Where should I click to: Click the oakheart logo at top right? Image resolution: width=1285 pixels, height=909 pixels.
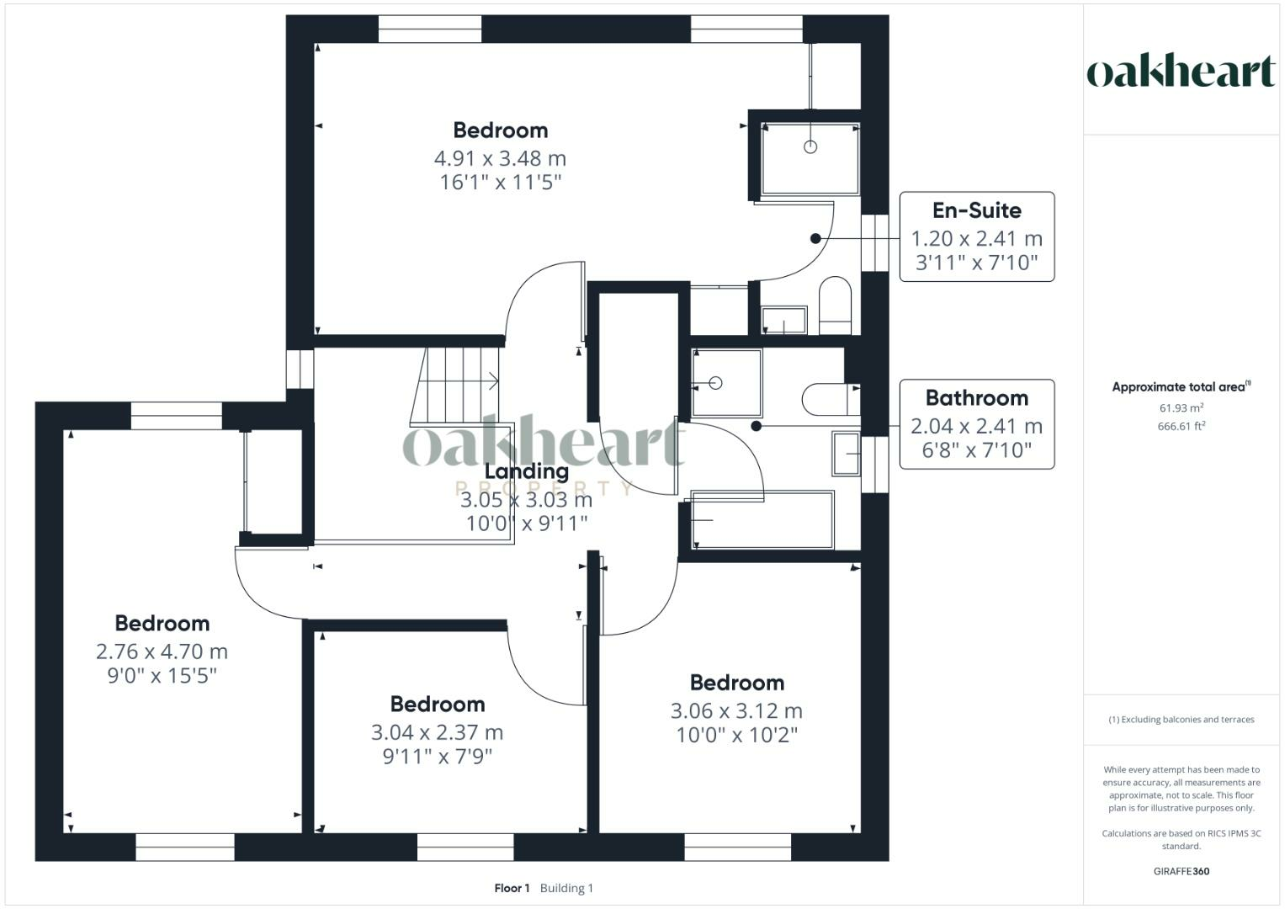pyautogui.click(x=1181, y=72)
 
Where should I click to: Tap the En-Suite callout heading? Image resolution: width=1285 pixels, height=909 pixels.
pyautogui.click(x=976, y=210)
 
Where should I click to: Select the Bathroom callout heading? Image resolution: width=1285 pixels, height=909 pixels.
pyautogui.click(x=976, y=398)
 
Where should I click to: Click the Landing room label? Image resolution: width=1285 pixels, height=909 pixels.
pyautogui.click(x=526, y=471)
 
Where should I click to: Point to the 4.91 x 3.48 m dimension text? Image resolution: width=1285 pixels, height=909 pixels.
pyautogui.click(x=500, y=158)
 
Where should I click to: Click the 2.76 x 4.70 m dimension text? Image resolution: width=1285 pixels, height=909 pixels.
pyautogui.click(x=162, y=651)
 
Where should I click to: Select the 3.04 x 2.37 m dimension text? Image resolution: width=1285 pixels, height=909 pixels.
pyautogui.click(x=437, y=732)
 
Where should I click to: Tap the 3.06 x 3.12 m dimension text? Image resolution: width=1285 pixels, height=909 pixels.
pyautogui.click(x=736, y=711)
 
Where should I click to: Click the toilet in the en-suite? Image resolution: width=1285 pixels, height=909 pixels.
pyautogui.click(x=835, y=304)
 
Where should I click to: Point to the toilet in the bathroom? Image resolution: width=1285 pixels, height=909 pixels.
pyautogui.click(x=830, y=399)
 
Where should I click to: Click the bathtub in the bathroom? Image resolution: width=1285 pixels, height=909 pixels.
pyautogui.click(x=762, y=520)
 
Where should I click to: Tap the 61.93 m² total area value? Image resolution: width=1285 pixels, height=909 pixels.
pyautogui.click(x=1181, y=408)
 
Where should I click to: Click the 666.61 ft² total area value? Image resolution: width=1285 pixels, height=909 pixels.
pyautogui.click(x=1181, y=427)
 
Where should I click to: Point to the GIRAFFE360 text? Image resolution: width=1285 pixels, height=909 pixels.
pyautogui.click(x=1181, y=871)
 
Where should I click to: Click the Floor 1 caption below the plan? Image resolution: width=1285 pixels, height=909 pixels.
pyautogui.click(x=512, y=888)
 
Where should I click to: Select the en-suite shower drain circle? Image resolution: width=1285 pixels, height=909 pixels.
pyautogui.click(x=810, y=147)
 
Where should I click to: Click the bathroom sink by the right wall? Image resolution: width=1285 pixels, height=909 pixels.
pyautogui.click(x=847, y=454)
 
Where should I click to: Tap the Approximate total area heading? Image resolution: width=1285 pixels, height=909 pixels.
pyautogui.click(x=1181, y=387)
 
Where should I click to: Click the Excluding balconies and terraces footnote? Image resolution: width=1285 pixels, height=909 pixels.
pyautogui.click(x=1181, y=720)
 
